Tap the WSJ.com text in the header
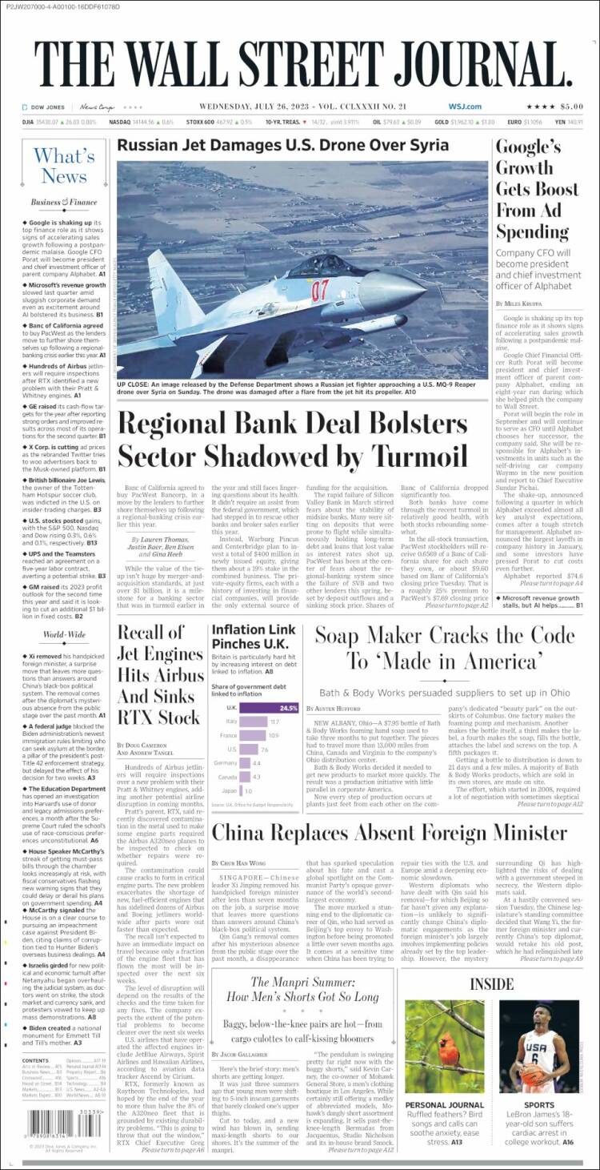[x=465, y=107]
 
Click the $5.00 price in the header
[x=571, y=107]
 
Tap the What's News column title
[x=64, y=166]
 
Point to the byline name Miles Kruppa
[x=529, y=304]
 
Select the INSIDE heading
[x=491, y=983]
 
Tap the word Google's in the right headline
[x=528, y=147]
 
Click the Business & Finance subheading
[x=64, y=203]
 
